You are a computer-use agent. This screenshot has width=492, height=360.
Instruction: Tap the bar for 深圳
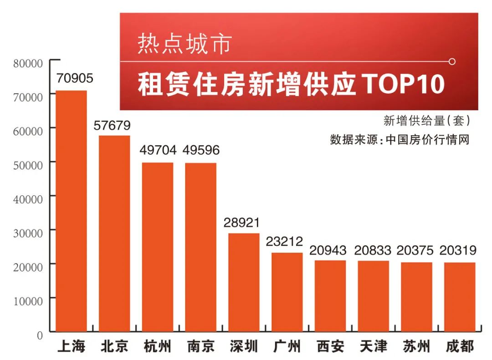tap(244, 282)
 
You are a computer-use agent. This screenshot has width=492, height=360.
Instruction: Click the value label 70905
tap(74, 78)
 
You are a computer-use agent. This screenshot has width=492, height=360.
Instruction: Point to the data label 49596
tap(201, 150)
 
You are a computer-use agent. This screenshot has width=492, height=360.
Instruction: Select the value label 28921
tap(241, 223)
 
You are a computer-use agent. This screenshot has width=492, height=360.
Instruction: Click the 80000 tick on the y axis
tap(28, 63)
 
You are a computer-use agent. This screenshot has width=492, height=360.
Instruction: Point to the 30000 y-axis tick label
tap(28, 233)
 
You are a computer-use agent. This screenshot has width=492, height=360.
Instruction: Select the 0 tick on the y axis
tap(40, 335)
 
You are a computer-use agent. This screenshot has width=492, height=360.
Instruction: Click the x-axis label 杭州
tap(157, 347)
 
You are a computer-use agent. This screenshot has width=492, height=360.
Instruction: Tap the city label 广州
tap(287, 347)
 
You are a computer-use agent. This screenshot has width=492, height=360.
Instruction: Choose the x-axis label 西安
tap(330, 347)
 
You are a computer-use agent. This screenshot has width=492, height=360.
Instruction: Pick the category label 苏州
tap(416, 347)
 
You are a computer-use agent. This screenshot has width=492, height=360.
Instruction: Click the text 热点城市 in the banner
tap(184, 44)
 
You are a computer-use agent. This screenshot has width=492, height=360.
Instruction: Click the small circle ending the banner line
tap(452, 61)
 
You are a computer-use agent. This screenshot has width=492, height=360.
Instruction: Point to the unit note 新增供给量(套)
tap(426, 121)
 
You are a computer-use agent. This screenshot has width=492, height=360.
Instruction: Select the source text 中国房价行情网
tap(427, 139)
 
